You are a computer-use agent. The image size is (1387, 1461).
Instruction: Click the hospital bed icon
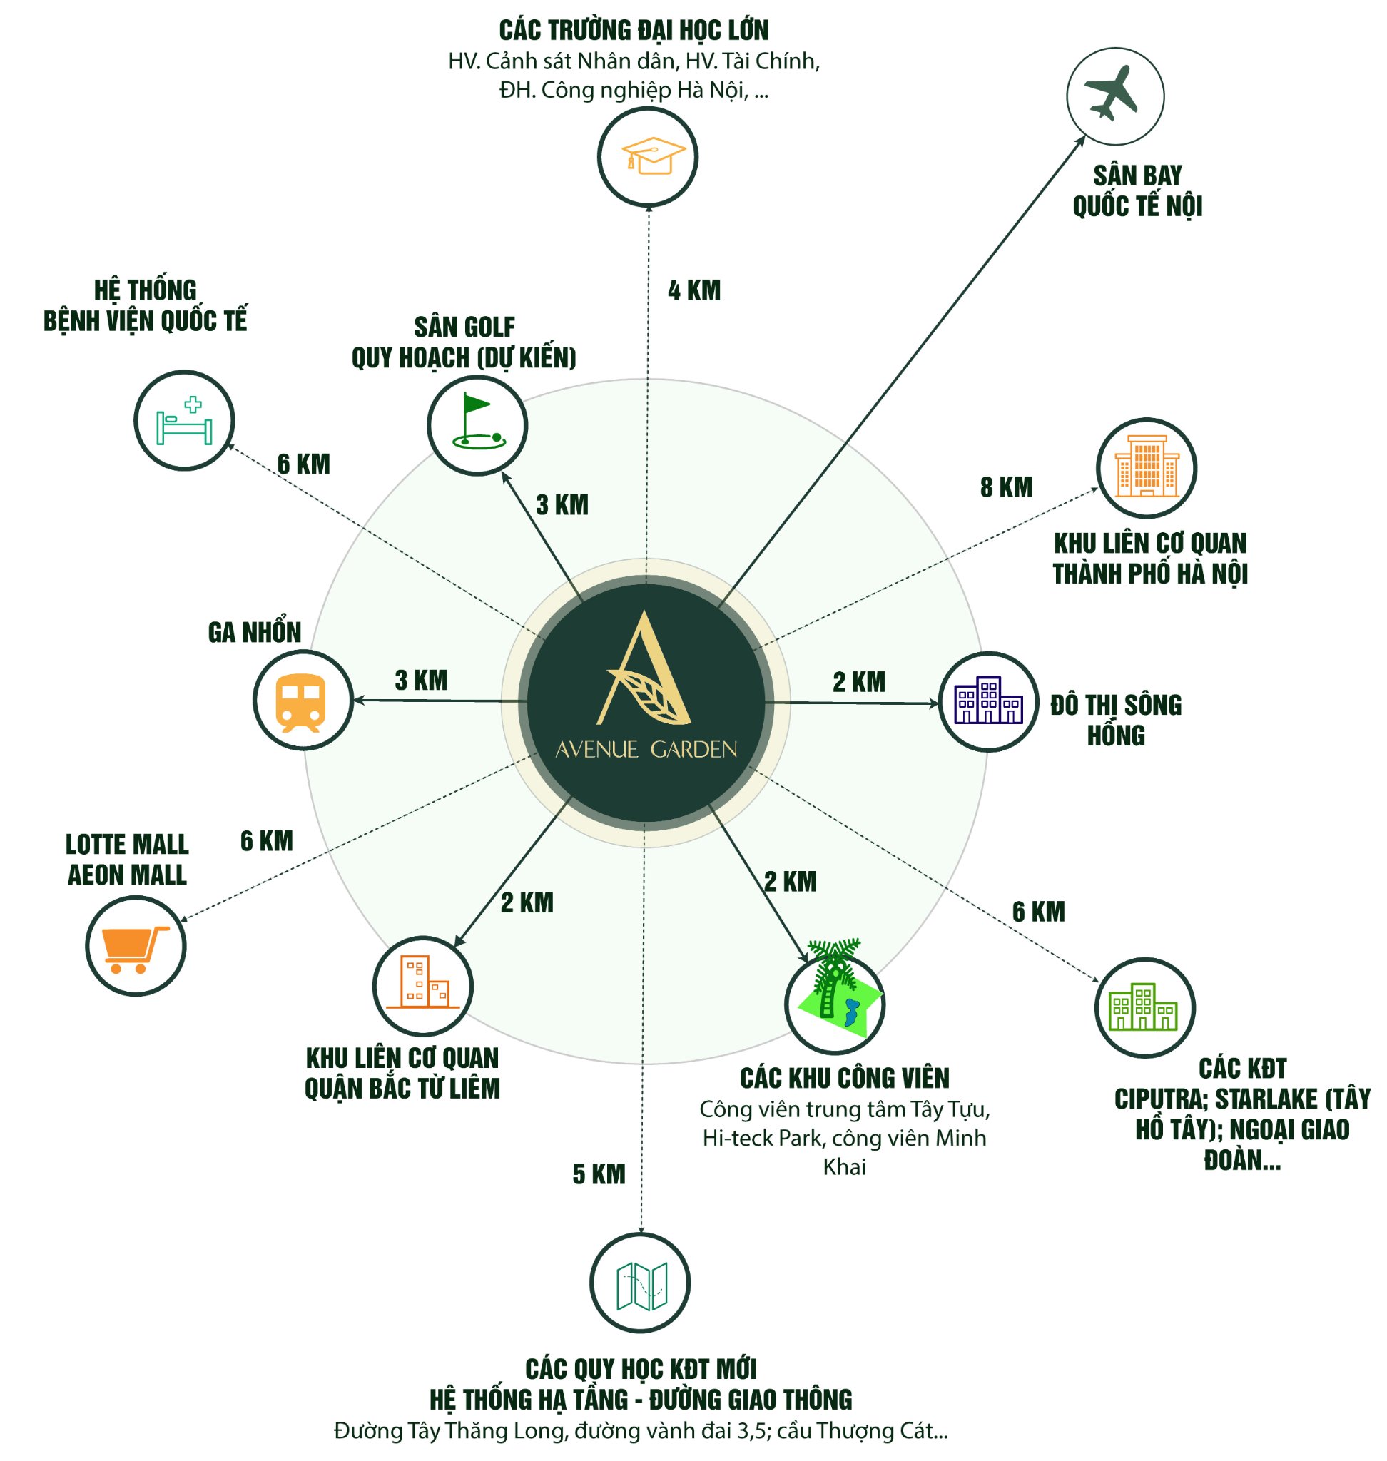point(184,420)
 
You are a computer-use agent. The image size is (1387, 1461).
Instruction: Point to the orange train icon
point(303,701)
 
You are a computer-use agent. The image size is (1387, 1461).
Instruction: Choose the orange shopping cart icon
point(136,946)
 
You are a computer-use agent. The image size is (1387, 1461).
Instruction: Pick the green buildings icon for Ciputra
point(1144,1007)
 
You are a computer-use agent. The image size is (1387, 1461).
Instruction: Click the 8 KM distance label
point(1006,487)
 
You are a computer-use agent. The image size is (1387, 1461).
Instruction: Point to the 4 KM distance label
point(694,290)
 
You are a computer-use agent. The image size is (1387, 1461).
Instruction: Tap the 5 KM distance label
point(599,1174)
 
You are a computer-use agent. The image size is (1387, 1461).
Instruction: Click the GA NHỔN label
point(254,632)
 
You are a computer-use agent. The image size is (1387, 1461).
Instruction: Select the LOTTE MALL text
point(127,844)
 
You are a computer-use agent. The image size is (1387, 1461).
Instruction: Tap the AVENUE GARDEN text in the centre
point(646,750)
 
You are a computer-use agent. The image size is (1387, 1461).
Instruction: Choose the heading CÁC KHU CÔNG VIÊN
point(844,1078)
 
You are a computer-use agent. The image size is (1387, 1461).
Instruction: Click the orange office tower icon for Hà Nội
point(1146,467)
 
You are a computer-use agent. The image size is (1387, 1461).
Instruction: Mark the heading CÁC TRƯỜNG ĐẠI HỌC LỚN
point(634,30)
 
